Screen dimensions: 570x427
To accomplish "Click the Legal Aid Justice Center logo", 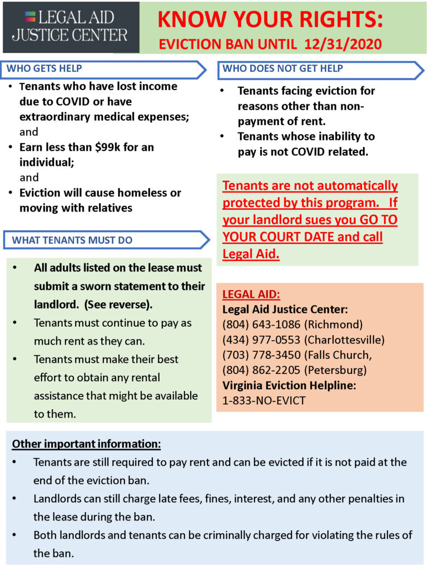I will (69, 27).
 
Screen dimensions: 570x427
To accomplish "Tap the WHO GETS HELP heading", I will (44, 68).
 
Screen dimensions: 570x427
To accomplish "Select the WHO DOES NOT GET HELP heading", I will (282, 68).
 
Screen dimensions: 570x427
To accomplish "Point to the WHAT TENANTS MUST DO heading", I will (72, 240).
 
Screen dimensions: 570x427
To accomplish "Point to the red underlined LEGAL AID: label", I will (251, 294).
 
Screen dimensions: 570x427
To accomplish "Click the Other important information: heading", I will (87, 444).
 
